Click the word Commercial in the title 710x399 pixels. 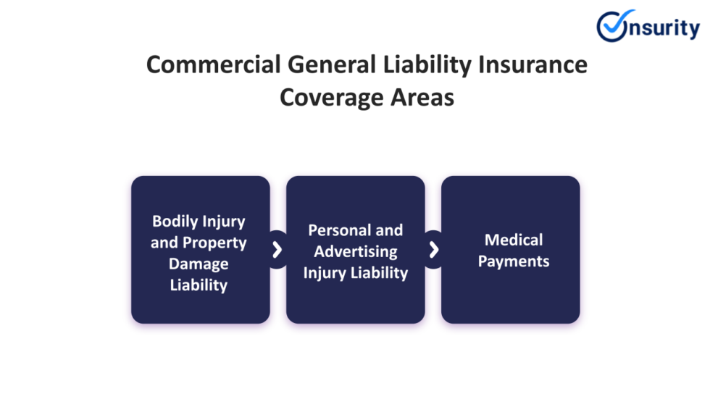[x=213, y=64]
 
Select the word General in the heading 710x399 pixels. [x=332, y=64]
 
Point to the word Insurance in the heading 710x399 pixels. [x=532, y=64]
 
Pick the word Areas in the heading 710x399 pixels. [x=422, y=97]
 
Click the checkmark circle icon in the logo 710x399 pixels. [x=614, y=26]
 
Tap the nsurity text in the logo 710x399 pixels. [x=664, y=28]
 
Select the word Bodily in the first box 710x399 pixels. [x=175, y=222]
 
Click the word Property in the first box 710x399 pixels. [x=214, y=243]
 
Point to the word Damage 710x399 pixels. [x=199, y=264]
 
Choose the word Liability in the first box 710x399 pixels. [x=199, y=285]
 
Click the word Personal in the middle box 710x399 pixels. [x=339, y=230]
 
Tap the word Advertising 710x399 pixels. [x=356, y=251]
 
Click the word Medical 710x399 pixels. [x=514, y=240]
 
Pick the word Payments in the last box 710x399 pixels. [x=514, y=261]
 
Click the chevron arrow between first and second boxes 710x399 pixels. [x=277, y=250]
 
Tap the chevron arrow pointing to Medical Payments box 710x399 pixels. [x=433, y=250]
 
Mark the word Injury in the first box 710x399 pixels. [x=224, y=222]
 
